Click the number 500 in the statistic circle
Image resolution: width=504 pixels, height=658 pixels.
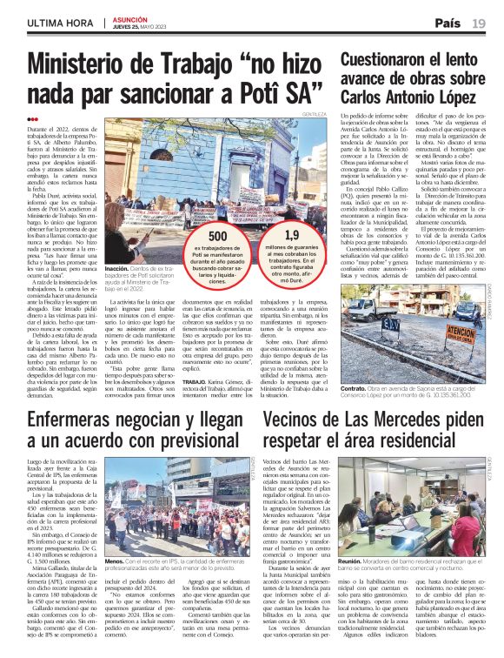tap(218, 237)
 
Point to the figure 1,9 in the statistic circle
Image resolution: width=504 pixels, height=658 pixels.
tap(291, 235)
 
